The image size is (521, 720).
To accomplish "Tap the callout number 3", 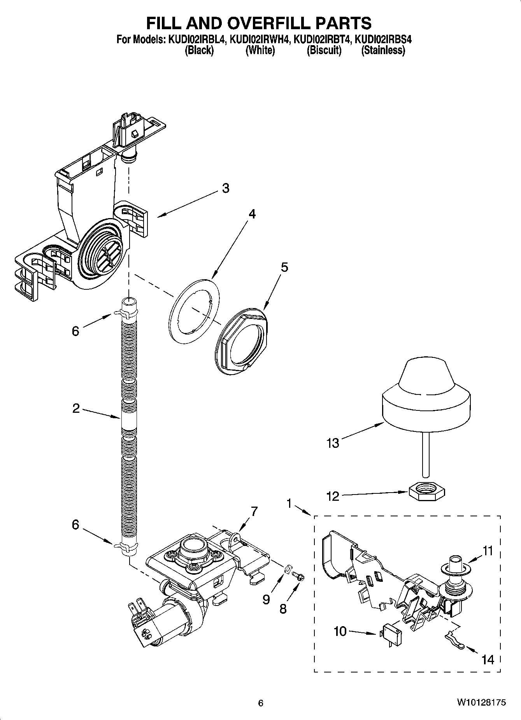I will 226,188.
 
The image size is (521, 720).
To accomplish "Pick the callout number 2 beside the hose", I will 75,408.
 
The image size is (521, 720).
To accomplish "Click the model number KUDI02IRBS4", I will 383,39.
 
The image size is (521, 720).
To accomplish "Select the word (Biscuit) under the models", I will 324,50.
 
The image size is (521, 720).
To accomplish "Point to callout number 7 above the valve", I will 254,511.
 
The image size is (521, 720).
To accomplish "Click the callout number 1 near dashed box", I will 289,503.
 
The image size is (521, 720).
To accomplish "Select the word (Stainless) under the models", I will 383,50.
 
